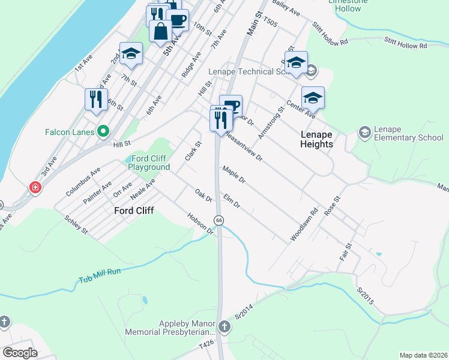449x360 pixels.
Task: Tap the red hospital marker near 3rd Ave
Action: tap(36, 188)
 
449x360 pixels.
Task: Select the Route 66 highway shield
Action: tap(219, 220)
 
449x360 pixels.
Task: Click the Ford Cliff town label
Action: tap(134, 211)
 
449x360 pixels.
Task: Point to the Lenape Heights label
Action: tap(316, 139)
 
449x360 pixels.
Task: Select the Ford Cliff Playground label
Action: tap(147, 163)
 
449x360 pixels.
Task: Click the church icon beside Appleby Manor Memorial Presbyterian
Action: tap(224, 328)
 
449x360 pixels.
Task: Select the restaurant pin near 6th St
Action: tap(96, 99)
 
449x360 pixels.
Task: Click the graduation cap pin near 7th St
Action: tap(131, 55)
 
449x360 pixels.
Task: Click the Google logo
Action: tap(20, 353)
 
